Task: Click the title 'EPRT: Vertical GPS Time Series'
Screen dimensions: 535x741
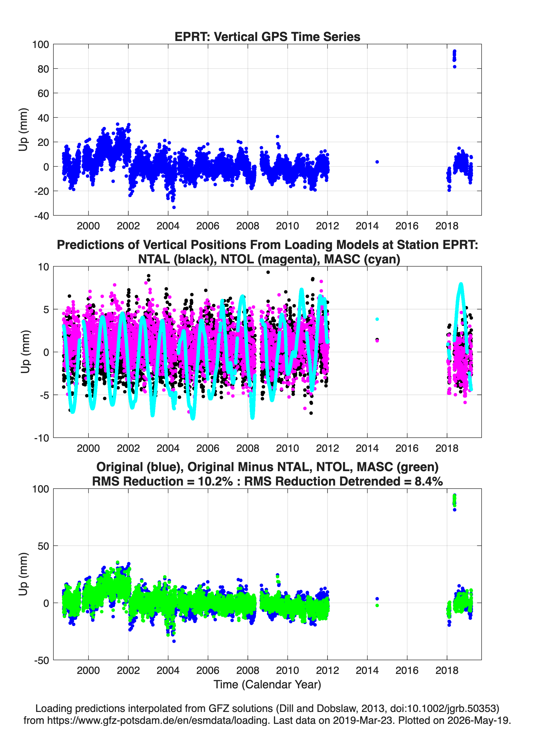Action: point(267,37)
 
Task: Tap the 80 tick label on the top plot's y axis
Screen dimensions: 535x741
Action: point(43,69)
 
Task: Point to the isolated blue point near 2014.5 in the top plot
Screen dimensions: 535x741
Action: point(377,162)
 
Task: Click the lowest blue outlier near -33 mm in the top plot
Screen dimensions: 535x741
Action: point(174,207)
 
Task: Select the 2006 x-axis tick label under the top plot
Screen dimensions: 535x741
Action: point(208,226)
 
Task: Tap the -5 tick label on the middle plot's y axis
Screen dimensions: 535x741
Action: point(41,395)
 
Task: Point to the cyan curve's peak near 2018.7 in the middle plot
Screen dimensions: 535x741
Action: point(461,284)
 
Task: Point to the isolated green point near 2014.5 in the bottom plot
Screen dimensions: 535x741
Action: point(377,605)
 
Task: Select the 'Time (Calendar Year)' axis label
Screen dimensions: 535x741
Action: point(267,685)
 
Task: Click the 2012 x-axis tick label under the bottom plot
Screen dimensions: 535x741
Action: point(327,670)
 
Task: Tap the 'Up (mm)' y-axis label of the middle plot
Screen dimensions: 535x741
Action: point(25,352)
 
